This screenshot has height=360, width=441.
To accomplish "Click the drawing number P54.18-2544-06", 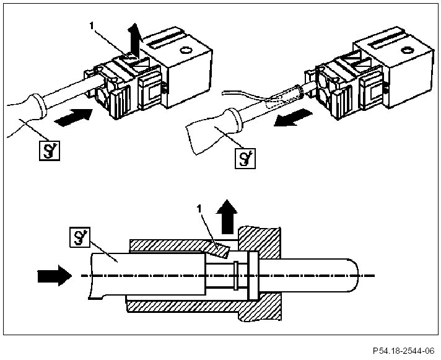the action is coord(404,351).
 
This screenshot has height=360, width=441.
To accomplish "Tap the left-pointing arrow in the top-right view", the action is coord(293,118).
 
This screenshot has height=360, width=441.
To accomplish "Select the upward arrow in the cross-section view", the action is coord(227,217).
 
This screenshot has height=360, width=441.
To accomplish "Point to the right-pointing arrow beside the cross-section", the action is coord(55,276).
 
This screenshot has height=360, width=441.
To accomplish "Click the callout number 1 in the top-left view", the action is coord(91,25).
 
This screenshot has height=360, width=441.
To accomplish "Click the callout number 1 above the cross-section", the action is coord(199,209).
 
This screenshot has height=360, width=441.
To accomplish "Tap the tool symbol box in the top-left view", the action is coord(50,151).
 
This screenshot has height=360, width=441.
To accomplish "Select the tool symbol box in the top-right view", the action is coord(245,159).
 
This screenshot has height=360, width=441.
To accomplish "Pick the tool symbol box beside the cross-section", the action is coord(80,237).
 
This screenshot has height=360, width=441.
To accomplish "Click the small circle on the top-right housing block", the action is coord(406,50).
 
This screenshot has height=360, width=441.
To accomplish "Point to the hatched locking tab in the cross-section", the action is coord(219,250).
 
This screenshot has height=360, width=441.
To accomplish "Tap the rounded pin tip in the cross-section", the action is coord(353,276).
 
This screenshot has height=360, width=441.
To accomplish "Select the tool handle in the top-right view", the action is coord(214,130).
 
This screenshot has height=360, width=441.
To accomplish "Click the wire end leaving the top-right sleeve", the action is coord(223,92).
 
